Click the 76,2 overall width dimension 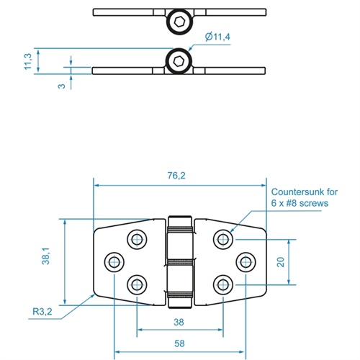tap(176, 176)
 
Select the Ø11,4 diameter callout tap(217, 37)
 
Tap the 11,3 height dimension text tap(28, 61)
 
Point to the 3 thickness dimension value tap(62, 86)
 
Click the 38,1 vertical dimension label tap(45, 256)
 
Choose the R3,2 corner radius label tap(42, 312)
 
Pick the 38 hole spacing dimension tap(179, 322)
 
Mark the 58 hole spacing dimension tap(179, 343)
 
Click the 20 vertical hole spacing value tap(281, 262)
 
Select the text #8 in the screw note tap(292, 203)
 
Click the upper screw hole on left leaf tap(137, 239)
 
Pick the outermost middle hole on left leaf tap(114, 262)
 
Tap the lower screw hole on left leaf tap(137, 285)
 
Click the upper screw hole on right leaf tap(223, 239)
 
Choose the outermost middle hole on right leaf tap(246, 262)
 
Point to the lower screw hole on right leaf tap(223, 285)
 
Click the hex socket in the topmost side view tap(179, 22)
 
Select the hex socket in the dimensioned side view tap(179, 61)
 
